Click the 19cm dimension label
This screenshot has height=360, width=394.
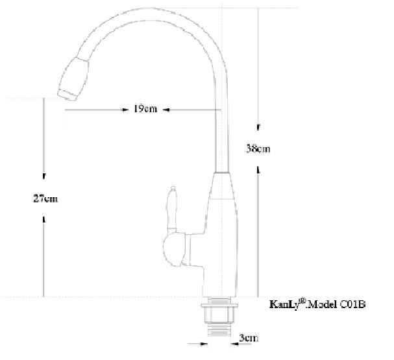pyautogui.click(x=145, y=109)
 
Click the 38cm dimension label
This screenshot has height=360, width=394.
pyautogui.click(x=258, y=149)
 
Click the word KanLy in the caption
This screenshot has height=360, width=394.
pyautogui.click(x=283, y=304)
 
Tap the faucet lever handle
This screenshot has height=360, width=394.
pyautogui.click(x=172, y=208)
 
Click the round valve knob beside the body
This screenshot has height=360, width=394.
pyautogui.click(x=173, y=251)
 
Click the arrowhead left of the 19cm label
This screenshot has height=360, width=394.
pyautogui.click(x=127, y=110)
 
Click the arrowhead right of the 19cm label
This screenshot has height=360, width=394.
pyautogui.click(x=165, y=110)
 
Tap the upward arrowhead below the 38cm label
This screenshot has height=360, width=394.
pyautogui.click(x=258, y=169)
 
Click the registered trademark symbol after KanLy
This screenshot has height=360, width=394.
pyautogui.click(x=302, y=300)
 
